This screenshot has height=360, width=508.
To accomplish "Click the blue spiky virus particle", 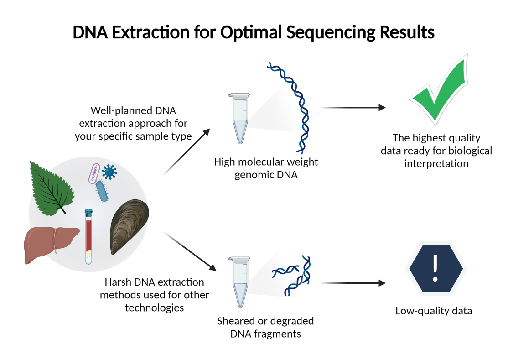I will click(109, 172).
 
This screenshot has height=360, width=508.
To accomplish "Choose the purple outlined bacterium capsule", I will click(94, 173).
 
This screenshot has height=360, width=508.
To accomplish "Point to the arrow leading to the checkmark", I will click(353, 108).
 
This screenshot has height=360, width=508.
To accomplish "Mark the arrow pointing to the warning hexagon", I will click(353, 283).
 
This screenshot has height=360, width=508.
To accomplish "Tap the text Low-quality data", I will click(433, 311).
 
